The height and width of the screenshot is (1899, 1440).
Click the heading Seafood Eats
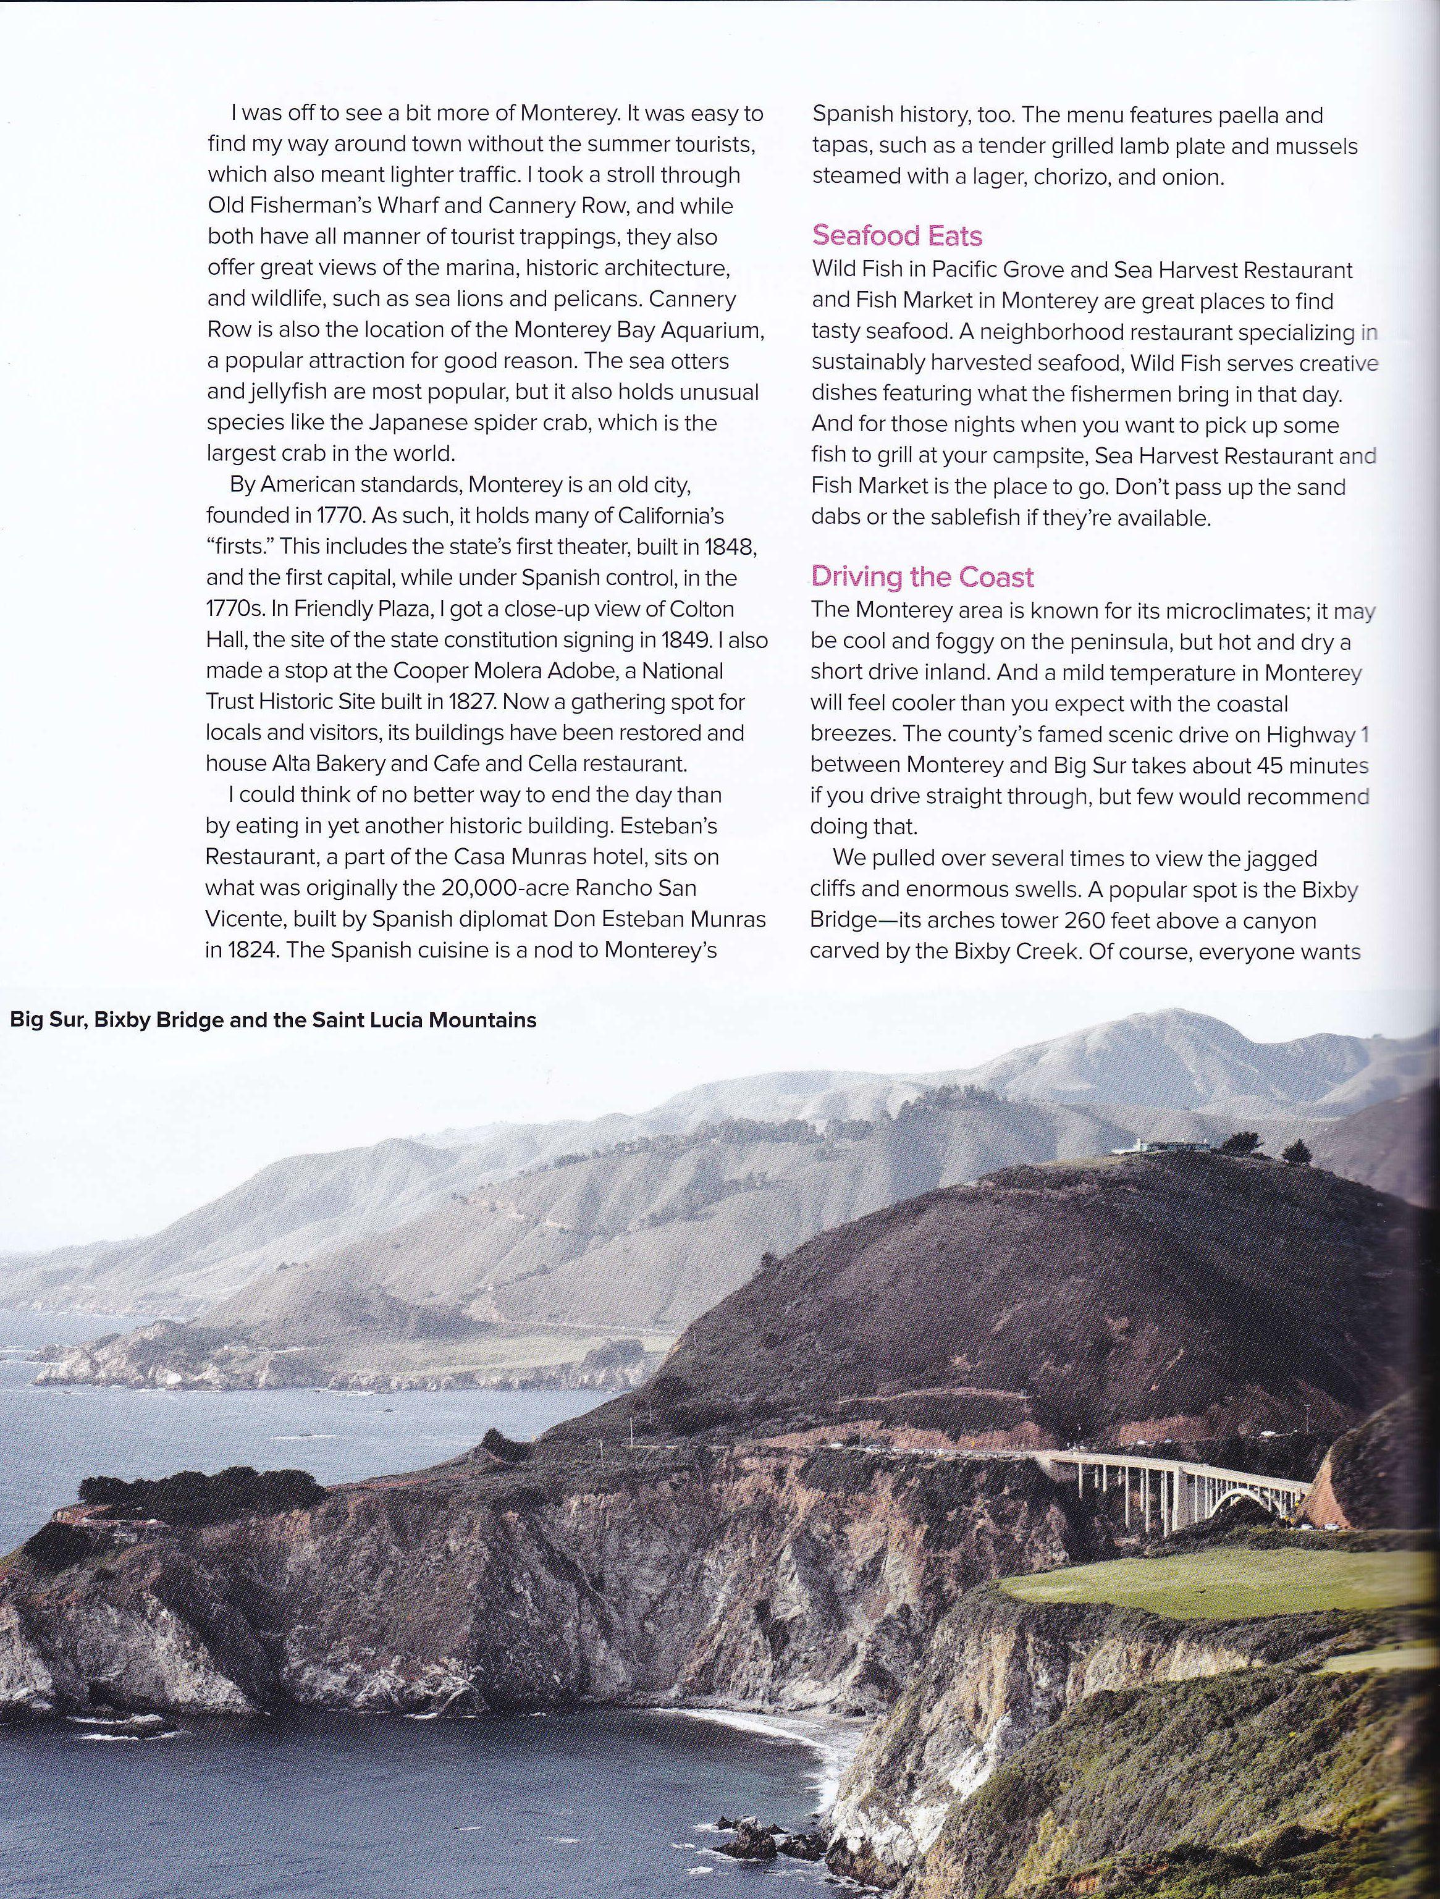coord(898,235)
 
